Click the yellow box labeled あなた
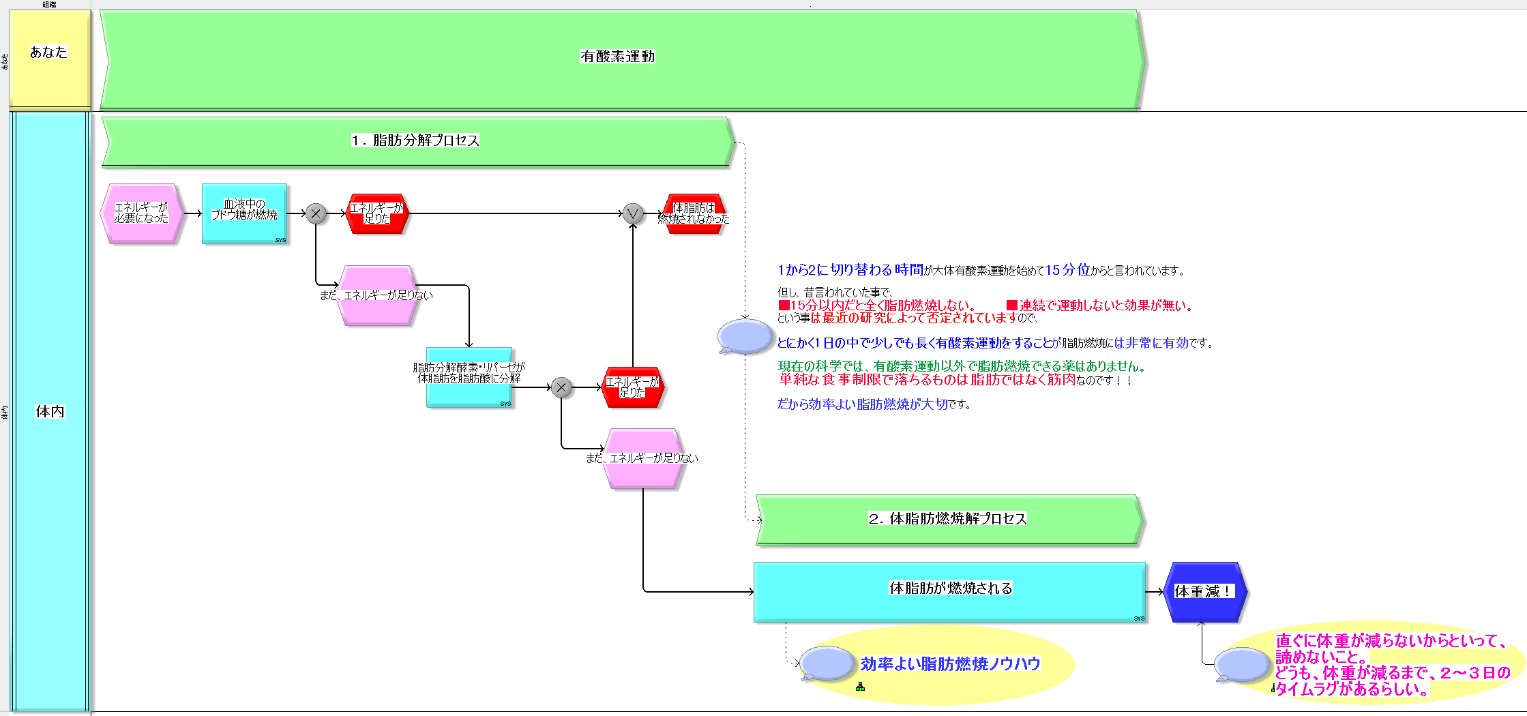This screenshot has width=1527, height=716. pos(49,58)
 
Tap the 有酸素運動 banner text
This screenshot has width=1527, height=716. pos(617,57)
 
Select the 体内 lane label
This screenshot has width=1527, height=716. pos(50,411)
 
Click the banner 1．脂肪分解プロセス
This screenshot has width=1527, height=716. pos(415,140)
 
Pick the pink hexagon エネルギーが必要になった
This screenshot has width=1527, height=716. pos(141,213)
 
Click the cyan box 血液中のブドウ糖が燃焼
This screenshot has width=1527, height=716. pos(244,213)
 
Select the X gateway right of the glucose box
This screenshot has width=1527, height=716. pos(316,214)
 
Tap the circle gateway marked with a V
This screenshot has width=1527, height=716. pos(633,214)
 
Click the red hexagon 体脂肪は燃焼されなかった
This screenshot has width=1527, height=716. pos(694,213)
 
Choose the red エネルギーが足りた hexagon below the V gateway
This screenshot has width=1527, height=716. pos(632,387)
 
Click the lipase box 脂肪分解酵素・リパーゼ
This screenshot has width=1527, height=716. pos(469,377)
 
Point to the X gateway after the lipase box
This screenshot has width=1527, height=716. pos(561,387)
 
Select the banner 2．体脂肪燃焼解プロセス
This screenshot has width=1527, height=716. pos(947,519)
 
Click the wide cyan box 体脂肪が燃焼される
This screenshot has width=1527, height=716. pos(949,591)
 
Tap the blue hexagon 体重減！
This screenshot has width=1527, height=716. pos(1204,592)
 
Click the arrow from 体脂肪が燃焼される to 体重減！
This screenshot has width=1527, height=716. pos(1155,592)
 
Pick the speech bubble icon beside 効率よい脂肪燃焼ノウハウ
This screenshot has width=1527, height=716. pos(826,663)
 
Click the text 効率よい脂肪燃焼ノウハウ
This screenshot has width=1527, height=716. pos(950,664)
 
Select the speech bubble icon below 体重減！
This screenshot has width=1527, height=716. pos(1241,665)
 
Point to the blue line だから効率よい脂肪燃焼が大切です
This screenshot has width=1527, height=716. pos(873,404)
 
